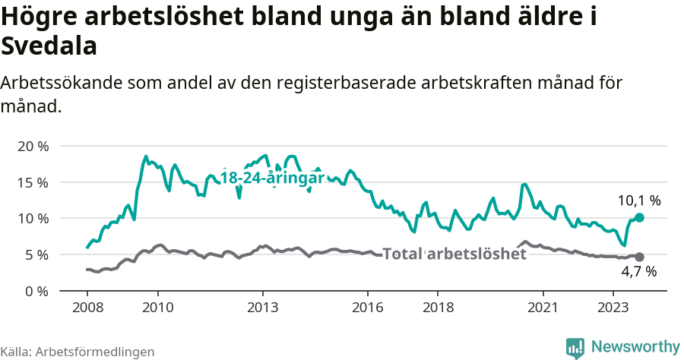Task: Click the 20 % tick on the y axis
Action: [x=33, y=146]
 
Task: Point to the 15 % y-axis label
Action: [x=33, y=182]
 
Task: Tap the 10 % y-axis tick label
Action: [x=33, y=219]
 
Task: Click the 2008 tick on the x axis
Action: [x=87, y=308]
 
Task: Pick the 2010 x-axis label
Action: [x=157, y=308]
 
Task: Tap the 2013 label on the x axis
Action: [x=263, y=308]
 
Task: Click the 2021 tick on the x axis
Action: [x=543, y=308]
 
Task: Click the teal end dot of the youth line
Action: [x=639, y=217]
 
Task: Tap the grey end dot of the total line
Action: [x=639, y=257]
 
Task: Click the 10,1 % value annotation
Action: [x=638, y=201]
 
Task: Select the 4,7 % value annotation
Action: [x=638, y=271]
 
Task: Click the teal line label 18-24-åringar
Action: [x=272, y=178]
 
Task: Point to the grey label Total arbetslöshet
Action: [x=454, y=254]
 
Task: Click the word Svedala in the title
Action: [x=49, y=46]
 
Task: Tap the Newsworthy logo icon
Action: [x=575, y=347]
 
